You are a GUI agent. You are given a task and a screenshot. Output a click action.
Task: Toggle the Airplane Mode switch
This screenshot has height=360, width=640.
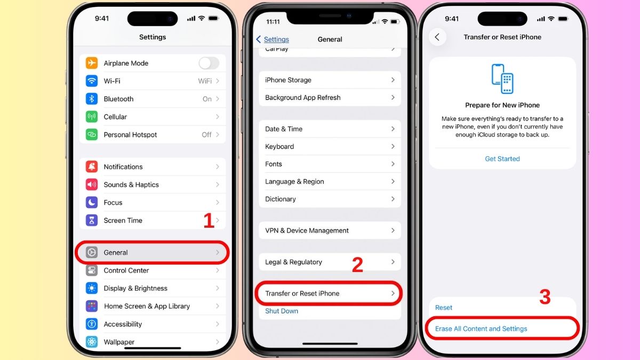pyautogui.click(x=209, y=63)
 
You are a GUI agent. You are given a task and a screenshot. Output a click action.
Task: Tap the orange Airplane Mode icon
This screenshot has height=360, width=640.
pyautogui.click(x=92, y=63)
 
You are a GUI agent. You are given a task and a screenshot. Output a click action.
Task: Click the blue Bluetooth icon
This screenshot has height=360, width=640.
pyautogui.click(x=92, y=99)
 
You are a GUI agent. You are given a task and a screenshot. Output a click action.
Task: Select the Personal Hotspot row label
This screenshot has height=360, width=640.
pyautogui.click(x=130, y=135)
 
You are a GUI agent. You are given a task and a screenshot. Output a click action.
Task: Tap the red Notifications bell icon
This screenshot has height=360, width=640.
pyautogui.click(x=92, y=167)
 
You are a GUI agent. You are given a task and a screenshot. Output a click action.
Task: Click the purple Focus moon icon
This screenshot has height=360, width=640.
pyautogui.click(x=92, y=203)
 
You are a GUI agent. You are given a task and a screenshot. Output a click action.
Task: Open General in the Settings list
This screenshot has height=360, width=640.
pyautogui.click(x=116, y=253)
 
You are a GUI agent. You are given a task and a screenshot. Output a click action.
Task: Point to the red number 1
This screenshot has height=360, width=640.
pyautogui.click(x=209, y=221)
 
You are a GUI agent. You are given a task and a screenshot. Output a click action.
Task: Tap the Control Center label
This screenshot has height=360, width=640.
pyautogui.click(x=126, y=270)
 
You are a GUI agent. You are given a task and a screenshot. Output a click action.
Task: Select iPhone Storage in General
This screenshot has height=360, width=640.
pyautogui.click(x=288, y=80)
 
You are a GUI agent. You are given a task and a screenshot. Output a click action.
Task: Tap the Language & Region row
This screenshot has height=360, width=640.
pyautogui.click(x=294, y=182)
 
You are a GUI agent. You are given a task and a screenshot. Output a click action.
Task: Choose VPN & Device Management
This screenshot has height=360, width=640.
pyautogui.click(x=307, y=231)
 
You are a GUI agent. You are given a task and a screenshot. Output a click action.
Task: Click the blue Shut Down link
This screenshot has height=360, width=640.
pyautogui.click(x=282, y=311)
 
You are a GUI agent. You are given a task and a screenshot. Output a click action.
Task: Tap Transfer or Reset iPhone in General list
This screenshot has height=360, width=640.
pyautogui.click(x=302, y=294)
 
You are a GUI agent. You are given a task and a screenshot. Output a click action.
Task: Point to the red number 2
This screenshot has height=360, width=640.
pyautogui.click(x=357, y=265)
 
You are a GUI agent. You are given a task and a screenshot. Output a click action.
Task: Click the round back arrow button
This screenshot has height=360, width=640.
pyautogui.click(x=437, y=37)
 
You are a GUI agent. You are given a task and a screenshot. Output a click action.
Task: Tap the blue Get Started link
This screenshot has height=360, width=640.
pyautogui.click(x=502, y=159)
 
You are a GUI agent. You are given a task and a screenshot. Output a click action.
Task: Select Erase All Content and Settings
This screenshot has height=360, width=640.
pyautogui.click(x=481, y=329)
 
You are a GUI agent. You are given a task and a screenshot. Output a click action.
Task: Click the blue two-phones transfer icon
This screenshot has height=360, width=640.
pyautogui.click(x=502, y=79)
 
